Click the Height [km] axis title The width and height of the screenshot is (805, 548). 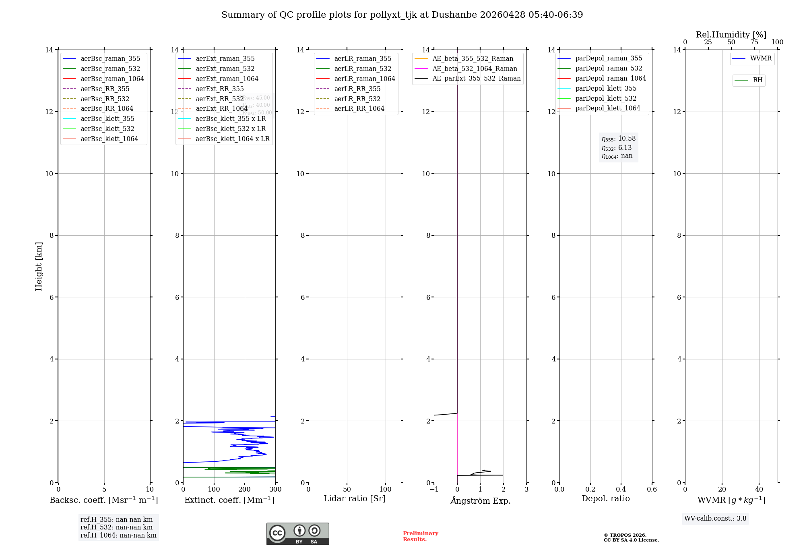(x=39, y=266)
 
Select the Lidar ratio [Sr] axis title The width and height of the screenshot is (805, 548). (x=355, y=498)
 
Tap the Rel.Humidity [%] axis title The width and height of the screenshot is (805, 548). (x=731, y=35)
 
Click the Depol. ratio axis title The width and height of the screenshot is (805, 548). (x=605, y=498)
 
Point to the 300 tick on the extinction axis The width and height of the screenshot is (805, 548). (x=276, y=490)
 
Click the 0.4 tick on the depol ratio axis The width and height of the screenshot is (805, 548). (x=621, y=490)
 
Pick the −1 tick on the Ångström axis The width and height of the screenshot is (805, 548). (x=434, y=490)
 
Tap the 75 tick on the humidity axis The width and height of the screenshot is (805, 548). (x=754, y=42)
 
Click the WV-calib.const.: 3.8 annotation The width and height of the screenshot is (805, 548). (x=715, y=519)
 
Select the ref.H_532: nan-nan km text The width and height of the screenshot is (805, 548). (x=116, y=527)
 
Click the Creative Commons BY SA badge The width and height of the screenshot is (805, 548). (x=297, y=534)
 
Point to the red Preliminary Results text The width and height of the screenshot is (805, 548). (x=420, y=536)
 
